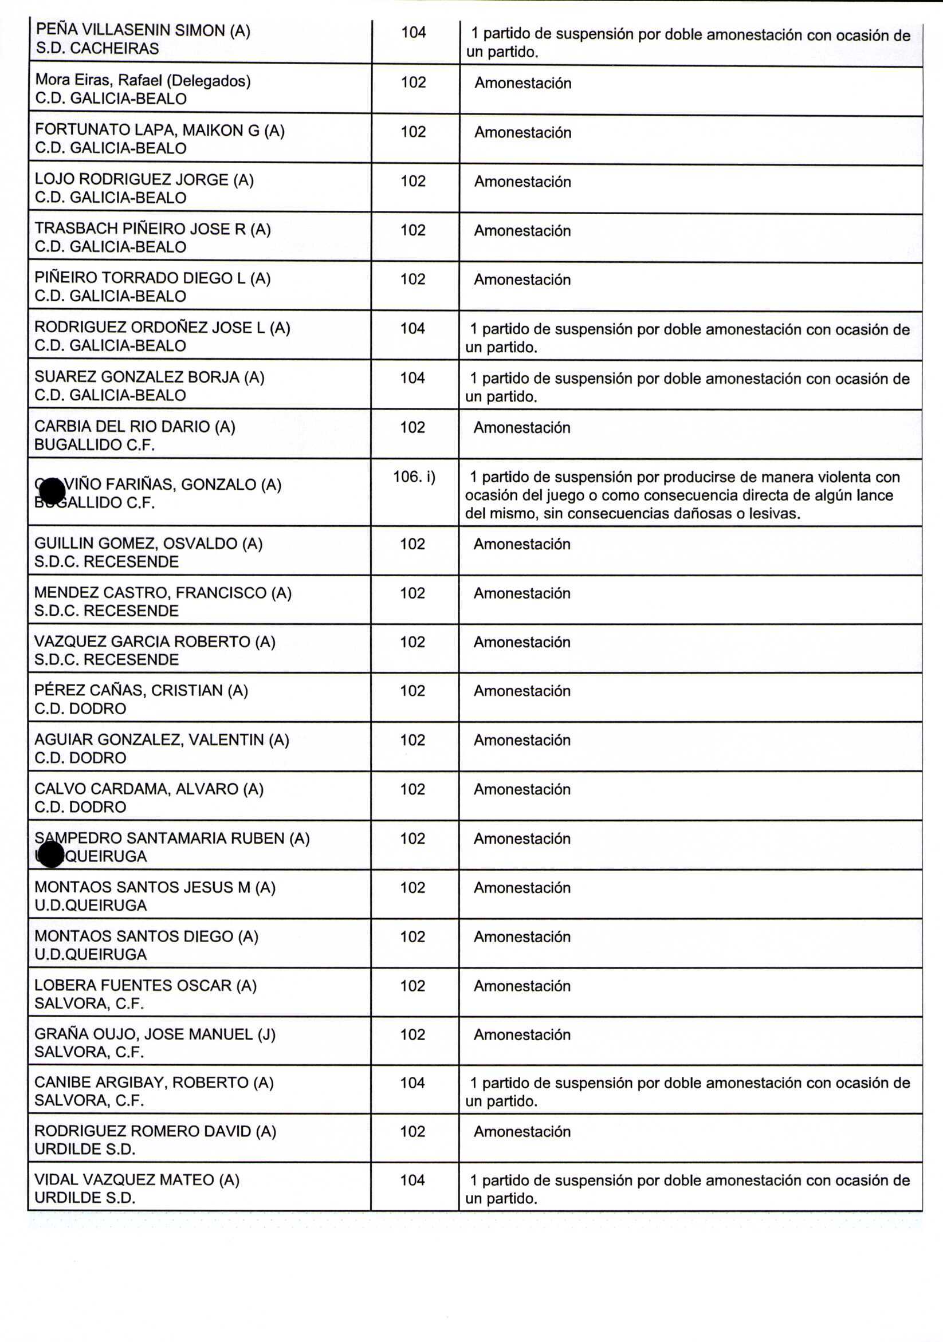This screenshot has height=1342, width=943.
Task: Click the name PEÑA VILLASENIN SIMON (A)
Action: pos(143,30)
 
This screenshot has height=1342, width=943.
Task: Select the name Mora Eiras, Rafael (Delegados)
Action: pos(143,80)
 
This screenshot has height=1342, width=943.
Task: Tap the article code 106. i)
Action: pos(414,477)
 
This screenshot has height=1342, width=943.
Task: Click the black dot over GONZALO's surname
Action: pos(53,490)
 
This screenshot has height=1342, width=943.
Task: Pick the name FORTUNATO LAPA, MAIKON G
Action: pos(160,130)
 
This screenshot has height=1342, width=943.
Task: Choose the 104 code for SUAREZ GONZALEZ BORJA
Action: pos(412,377)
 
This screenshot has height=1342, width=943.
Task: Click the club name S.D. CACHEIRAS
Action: pos(97,49)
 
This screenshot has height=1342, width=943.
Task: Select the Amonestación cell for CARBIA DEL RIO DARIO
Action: pos(521,427)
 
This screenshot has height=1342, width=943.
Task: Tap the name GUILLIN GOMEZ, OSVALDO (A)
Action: pos(148,543)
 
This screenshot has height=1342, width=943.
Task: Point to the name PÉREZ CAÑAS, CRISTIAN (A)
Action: pos(141,690)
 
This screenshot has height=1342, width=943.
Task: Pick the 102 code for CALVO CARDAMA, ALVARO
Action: pos(412,789)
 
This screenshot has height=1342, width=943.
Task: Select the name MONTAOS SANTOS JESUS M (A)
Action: pos(155,887)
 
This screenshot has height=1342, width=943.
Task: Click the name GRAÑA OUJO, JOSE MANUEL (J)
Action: pos(155,1034)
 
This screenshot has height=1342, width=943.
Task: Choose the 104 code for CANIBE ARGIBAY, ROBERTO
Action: pos(412,1083)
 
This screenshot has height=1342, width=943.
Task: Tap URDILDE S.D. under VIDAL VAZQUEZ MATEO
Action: pos(85,1198)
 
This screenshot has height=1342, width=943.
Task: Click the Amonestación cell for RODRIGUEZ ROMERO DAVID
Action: pos(521,1131)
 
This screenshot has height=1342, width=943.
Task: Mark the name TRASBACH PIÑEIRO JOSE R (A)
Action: pos(152,229)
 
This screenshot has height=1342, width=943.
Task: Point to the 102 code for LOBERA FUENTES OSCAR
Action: pos(412,986)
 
